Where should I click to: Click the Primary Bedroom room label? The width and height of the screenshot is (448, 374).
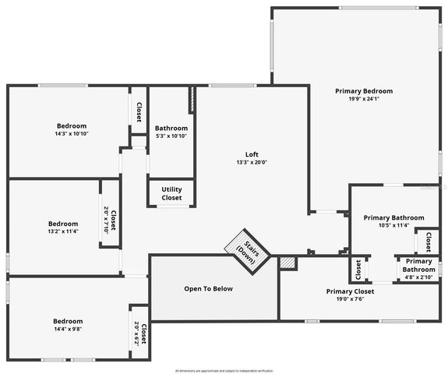tap(364, 91)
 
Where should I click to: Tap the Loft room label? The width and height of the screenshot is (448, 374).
tap(252, 154)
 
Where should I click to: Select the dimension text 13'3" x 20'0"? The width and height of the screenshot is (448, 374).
tap(252, 163)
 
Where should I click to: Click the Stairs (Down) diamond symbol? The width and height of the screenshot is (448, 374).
tap(247, 251)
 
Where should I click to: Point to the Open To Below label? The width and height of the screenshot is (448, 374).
tap(208, 289)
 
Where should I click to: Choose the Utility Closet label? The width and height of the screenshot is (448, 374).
tap(171, 193)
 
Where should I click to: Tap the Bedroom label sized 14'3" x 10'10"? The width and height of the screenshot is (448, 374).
tap(71, 125)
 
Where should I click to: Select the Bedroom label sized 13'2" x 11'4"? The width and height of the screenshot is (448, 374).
tap(63, 224)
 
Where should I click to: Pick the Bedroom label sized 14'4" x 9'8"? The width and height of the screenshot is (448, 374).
tap(68, 321)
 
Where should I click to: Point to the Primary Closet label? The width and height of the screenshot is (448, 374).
tap(349, 291)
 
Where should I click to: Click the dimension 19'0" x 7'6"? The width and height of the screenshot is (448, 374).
tap(349, 299)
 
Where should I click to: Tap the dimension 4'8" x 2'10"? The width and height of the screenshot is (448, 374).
tap(418, 277)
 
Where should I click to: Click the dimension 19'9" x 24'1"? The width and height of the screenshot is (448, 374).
tap(364, 99)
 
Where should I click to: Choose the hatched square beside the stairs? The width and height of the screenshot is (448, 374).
tap(288, 263)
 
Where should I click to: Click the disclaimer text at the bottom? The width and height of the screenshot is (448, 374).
tap(224, 370)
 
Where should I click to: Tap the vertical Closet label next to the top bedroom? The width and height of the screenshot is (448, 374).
tap(139, 113)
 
